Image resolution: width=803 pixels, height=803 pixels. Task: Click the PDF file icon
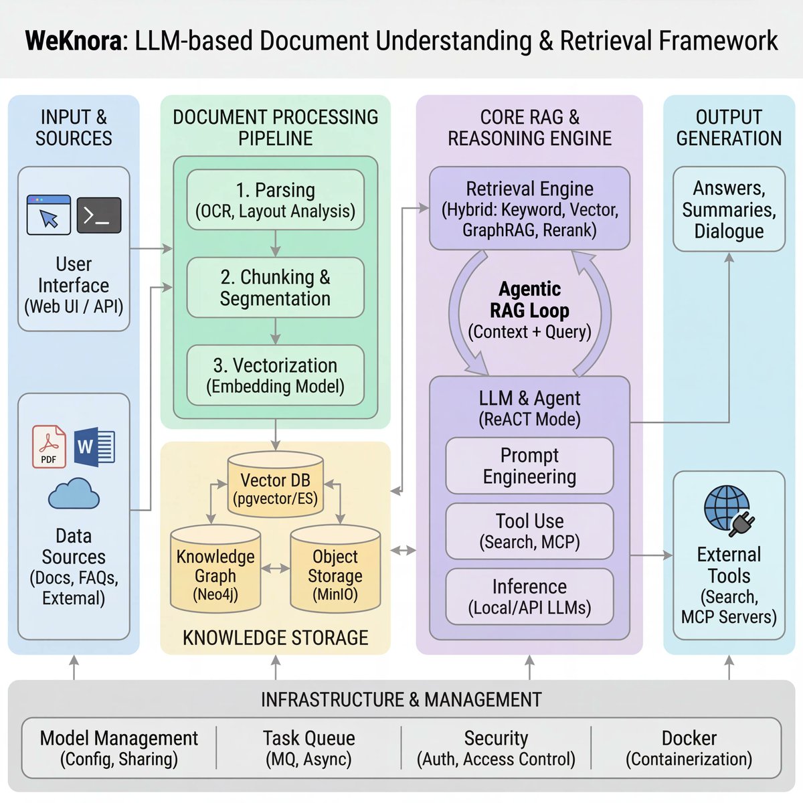50,446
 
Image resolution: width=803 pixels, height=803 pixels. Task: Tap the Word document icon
94,446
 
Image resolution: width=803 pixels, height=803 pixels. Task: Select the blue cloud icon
74,495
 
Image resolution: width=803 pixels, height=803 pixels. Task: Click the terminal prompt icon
99,215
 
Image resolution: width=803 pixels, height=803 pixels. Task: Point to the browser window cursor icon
49,215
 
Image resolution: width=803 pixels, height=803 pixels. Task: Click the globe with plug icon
729,511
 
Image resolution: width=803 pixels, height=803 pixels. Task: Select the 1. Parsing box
275,200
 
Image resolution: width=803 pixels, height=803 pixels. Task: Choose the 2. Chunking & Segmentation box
275,288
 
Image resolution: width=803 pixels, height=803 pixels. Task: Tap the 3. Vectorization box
275,375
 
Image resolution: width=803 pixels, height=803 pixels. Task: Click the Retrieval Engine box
529,209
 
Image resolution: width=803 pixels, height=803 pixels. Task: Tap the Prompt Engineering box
529,466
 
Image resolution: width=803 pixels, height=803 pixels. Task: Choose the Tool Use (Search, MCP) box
529,531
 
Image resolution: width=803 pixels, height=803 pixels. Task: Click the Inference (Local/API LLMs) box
529,597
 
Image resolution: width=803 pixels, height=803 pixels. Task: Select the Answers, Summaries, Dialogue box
729,209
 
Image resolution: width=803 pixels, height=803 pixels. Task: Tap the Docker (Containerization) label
689,748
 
